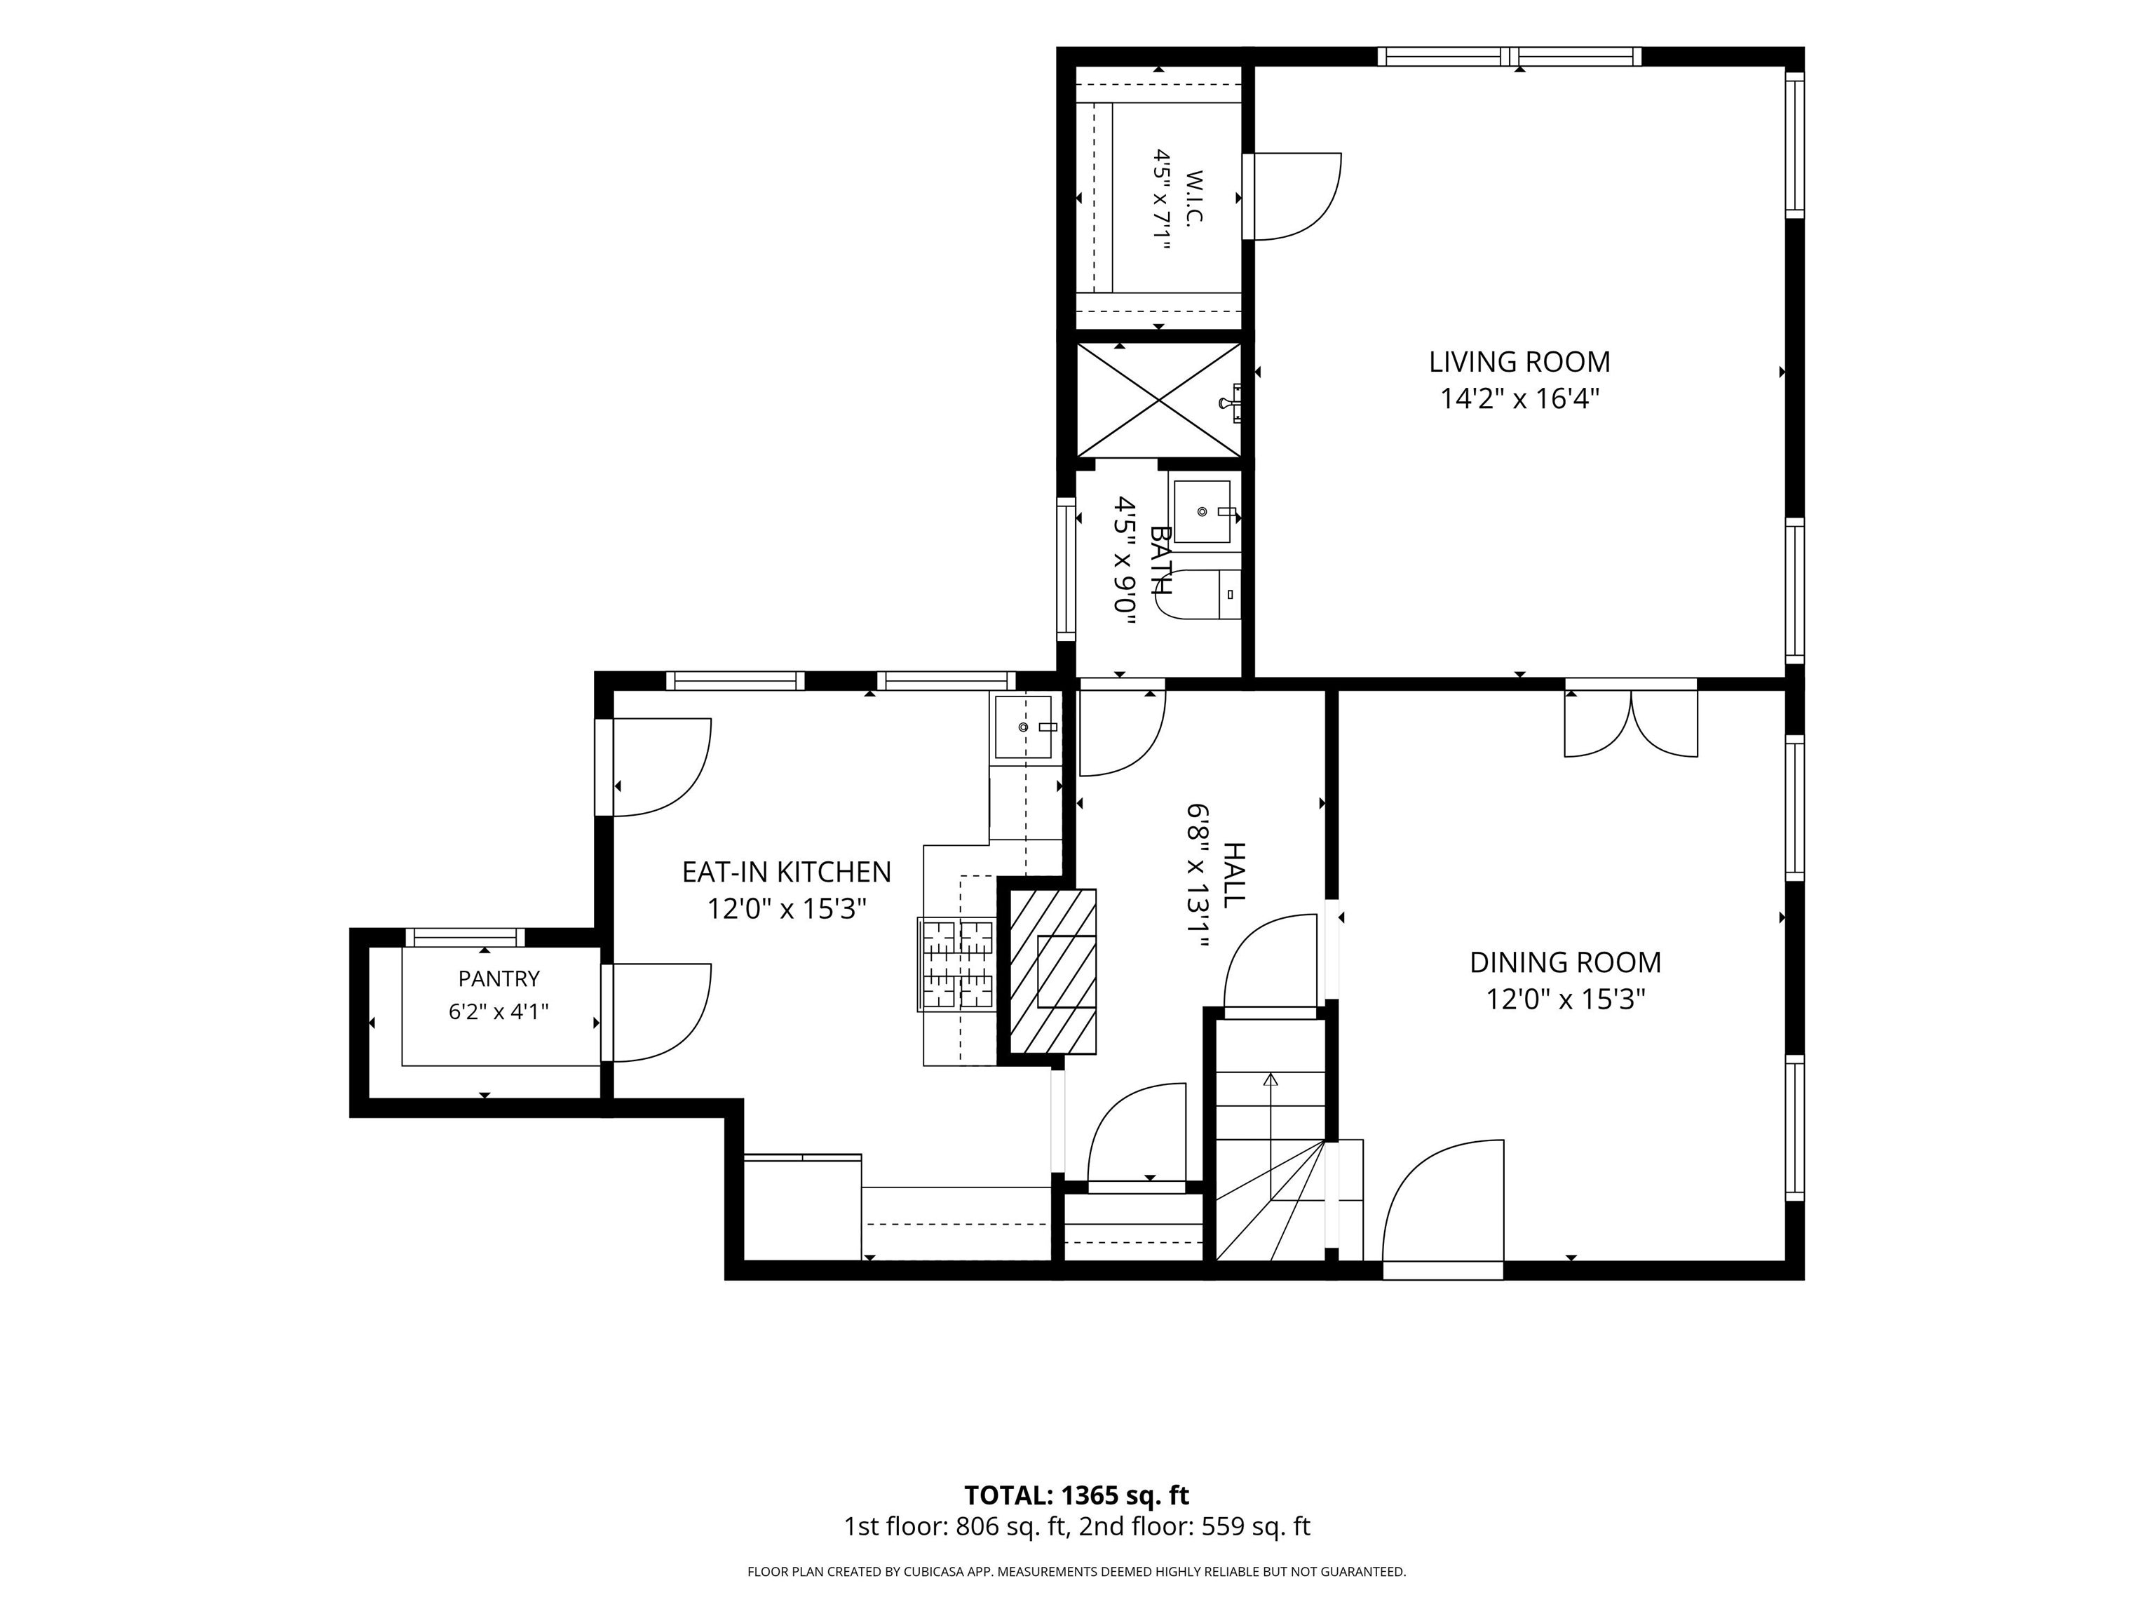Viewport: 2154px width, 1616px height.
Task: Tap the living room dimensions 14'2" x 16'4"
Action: [1520, 398]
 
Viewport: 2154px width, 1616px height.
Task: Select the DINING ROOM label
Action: [1565, 962]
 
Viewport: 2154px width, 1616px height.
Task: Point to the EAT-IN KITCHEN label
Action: [786, 872]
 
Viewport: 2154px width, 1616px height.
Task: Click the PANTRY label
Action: [499, 978]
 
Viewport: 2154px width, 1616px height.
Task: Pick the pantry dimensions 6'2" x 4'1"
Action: [499, 1012]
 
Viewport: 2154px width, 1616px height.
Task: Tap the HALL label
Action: [1233, 875]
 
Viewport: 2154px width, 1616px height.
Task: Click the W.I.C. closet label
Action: [1195, 198]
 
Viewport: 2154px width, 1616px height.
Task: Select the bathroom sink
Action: [1205, 511]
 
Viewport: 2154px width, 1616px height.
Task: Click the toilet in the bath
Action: [1200, 594]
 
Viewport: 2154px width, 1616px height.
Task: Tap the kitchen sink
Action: [1024, 727]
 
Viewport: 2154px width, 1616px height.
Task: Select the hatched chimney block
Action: [1052, 971]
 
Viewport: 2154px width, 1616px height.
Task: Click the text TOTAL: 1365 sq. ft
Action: [1076, 1495]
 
